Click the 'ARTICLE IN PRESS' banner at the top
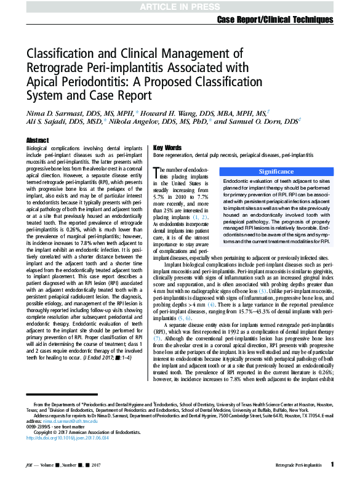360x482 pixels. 180,7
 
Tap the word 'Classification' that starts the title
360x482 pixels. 63,55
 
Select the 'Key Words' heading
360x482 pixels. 167,148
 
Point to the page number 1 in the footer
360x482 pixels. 332,465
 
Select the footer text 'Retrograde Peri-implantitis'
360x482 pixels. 301,466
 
